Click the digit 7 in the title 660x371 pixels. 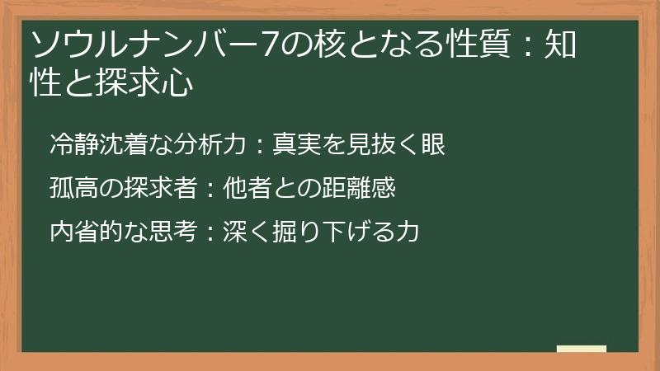[x=270, y=44]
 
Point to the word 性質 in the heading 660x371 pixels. [x=478, y=44]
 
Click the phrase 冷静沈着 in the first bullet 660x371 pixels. [x=99, y=143]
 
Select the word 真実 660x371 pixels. [x=297, y=143]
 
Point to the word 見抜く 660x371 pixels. [x=383, y=143]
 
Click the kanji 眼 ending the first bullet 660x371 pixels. [x=433, y=143]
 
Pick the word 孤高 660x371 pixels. [x=74, y=188]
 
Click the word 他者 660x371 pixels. [x=247, y=188]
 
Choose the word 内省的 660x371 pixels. [x=87, y=232]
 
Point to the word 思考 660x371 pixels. [x=173, y=232]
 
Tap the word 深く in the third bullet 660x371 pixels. [x=247, y=232]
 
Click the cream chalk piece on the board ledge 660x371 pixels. [x=582, y=349]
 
